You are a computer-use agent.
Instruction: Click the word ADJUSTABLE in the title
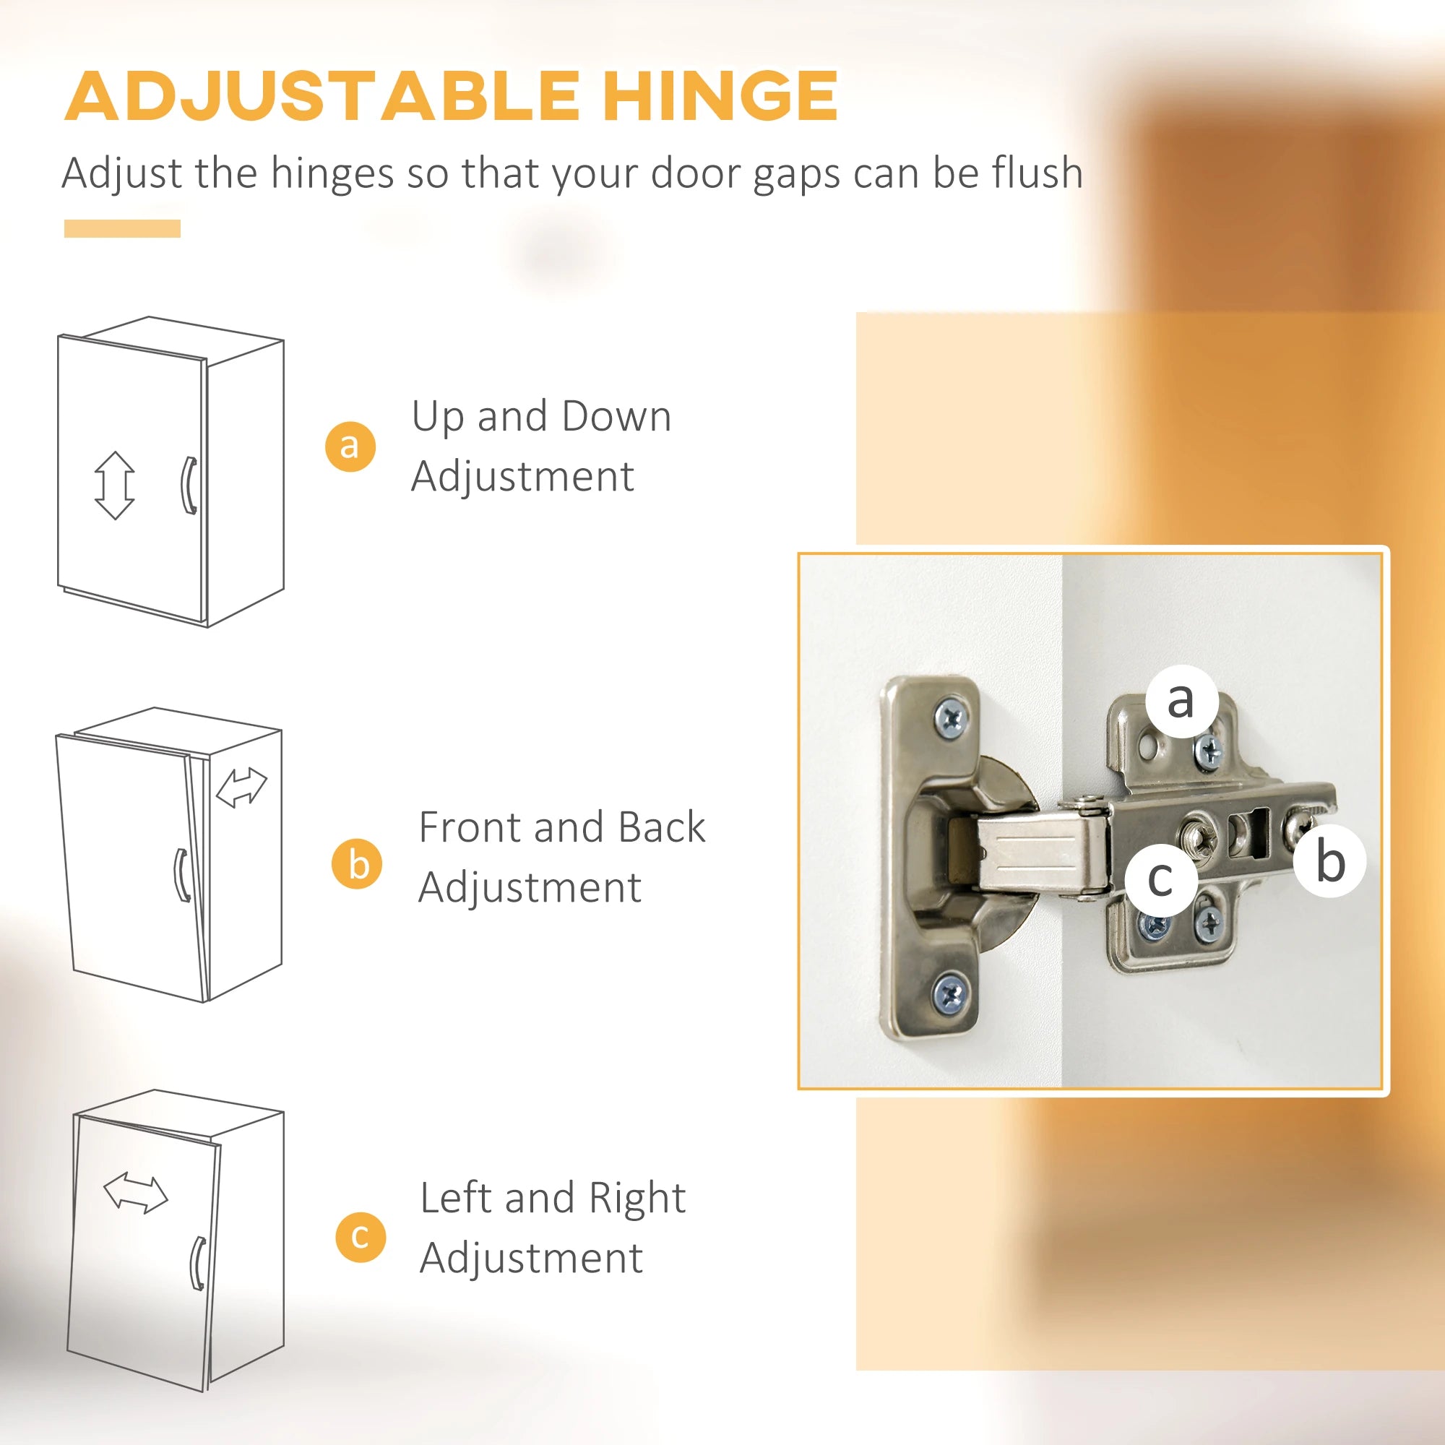coord(322,98)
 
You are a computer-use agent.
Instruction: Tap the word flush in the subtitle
coord(1038,173)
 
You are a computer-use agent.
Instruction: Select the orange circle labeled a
coord(350,446)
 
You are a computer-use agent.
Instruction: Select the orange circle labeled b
coord(357,864)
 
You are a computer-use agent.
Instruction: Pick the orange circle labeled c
coord(361,1236)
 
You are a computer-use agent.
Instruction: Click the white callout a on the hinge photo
coord(1181,702)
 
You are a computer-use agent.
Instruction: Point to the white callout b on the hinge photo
coord(1330,861)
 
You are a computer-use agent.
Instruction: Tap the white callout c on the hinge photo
coord(1160,879)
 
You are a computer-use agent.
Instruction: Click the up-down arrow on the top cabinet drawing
coord(114,486)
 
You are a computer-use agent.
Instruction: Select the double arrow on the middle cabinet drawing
coord(241,788)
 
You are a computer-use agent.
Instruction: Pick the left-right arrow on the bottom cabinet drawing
coord(135,1194)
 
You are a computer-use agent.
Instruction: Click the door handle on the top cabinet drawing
coord(189,486)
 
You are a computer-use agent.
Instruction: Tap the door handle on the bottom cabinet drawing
coord(197,1263)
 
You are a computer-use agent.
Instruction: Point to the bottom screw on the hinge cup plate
coord(951,994)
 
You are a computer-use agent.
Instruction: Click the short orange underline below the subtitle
coord(122,229)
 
